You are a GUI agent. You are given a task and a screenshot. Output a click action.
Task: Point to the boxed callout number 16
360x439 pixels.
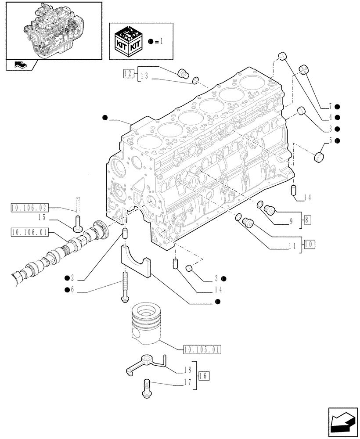pos(203,376)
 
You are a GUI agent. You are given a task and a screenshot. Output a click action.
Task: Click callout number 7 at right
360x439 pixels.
pos(329,107)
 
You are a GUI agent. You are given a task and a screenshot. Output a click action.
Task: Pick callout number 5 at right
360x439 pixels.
pos(329,141)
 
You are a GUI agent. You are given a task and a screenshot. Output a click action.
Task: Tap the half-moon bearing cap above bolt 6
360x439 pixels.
pos(135,263)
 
